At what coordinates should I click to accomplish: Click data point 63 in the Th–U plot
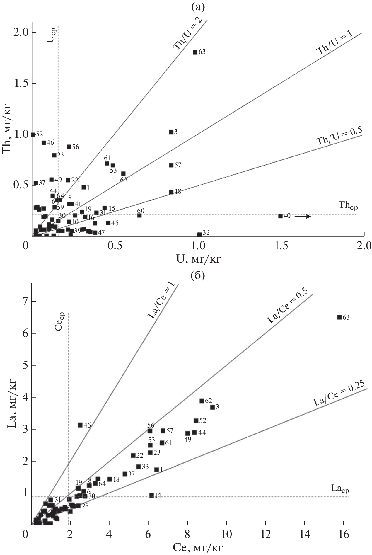[x=195, y=52]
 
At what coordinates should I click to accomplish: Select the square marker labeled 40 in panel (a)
[x=280, y=216]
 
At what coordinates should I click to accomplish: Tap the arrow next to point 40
[x=303, y=216]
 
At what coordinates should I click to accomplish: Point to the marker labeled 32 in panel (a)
[x=199, y=234]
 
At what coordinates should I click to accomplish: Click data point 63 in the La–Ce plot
[x=339, y=317]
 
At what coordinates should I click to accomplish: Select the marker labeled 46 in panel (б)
[x=80, y=425]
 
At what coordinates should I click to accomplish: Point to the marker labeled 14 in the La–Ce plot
[x=151, y=496]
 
